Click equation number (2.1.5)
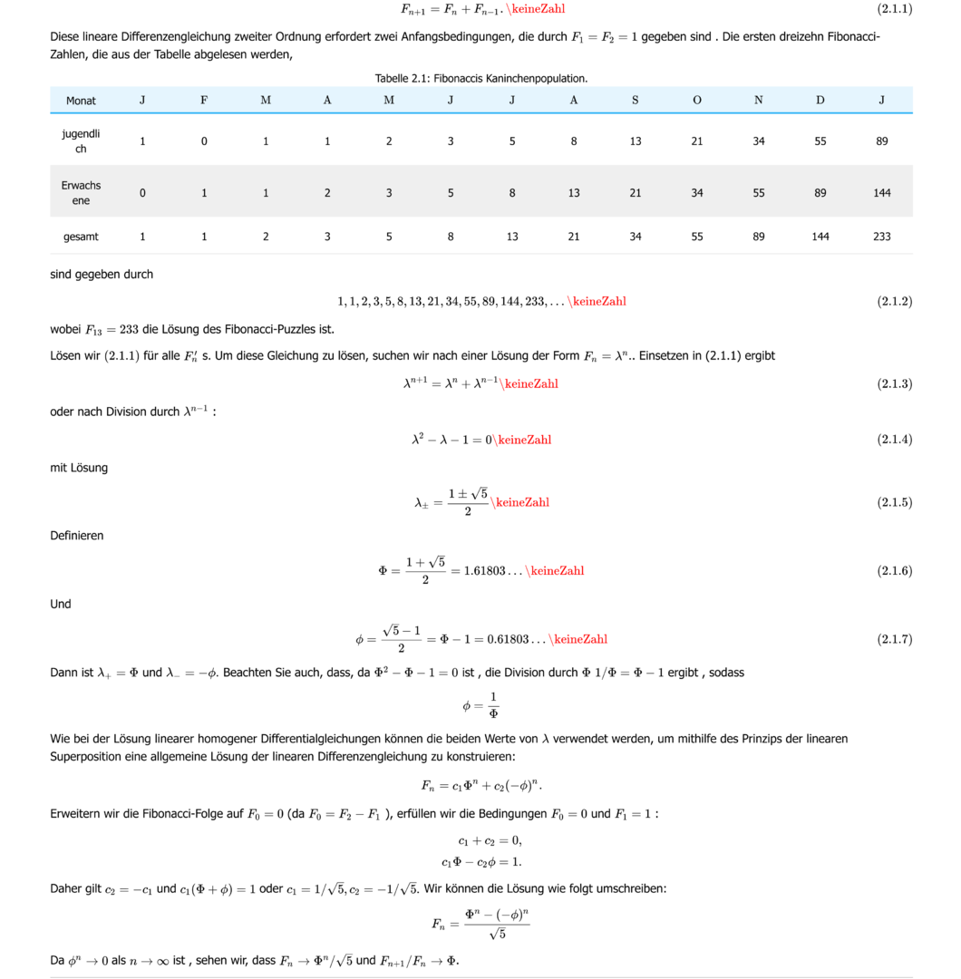coord(894,502)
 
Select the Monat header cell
coord(81,101)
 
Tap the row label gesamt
coord(81,237)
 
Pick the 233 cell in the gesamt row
coord(881,237)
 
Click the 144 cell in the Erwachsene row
coord(881,193)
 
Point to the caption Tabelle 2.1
coord(480,79)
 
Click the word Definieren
coord(77,536)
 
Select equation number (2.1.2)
coord(894,301)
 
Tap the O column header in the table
coord(696,101)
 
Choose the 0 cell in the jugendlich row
coord(204,141)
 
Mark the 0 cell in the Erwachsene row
coord(142,193)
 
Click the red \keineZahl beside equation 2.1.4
coord(524,440)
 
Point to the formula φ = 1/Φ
coord(480,704)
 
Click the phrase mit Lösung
coord(79,468)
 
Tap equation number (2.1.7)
coord(894,639)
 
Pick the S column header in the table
coord(635,101)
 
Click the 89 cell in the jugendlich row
coord(881,141)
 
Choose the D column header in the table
coord(820,101)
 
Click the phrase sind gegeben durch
coord(102,275)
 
